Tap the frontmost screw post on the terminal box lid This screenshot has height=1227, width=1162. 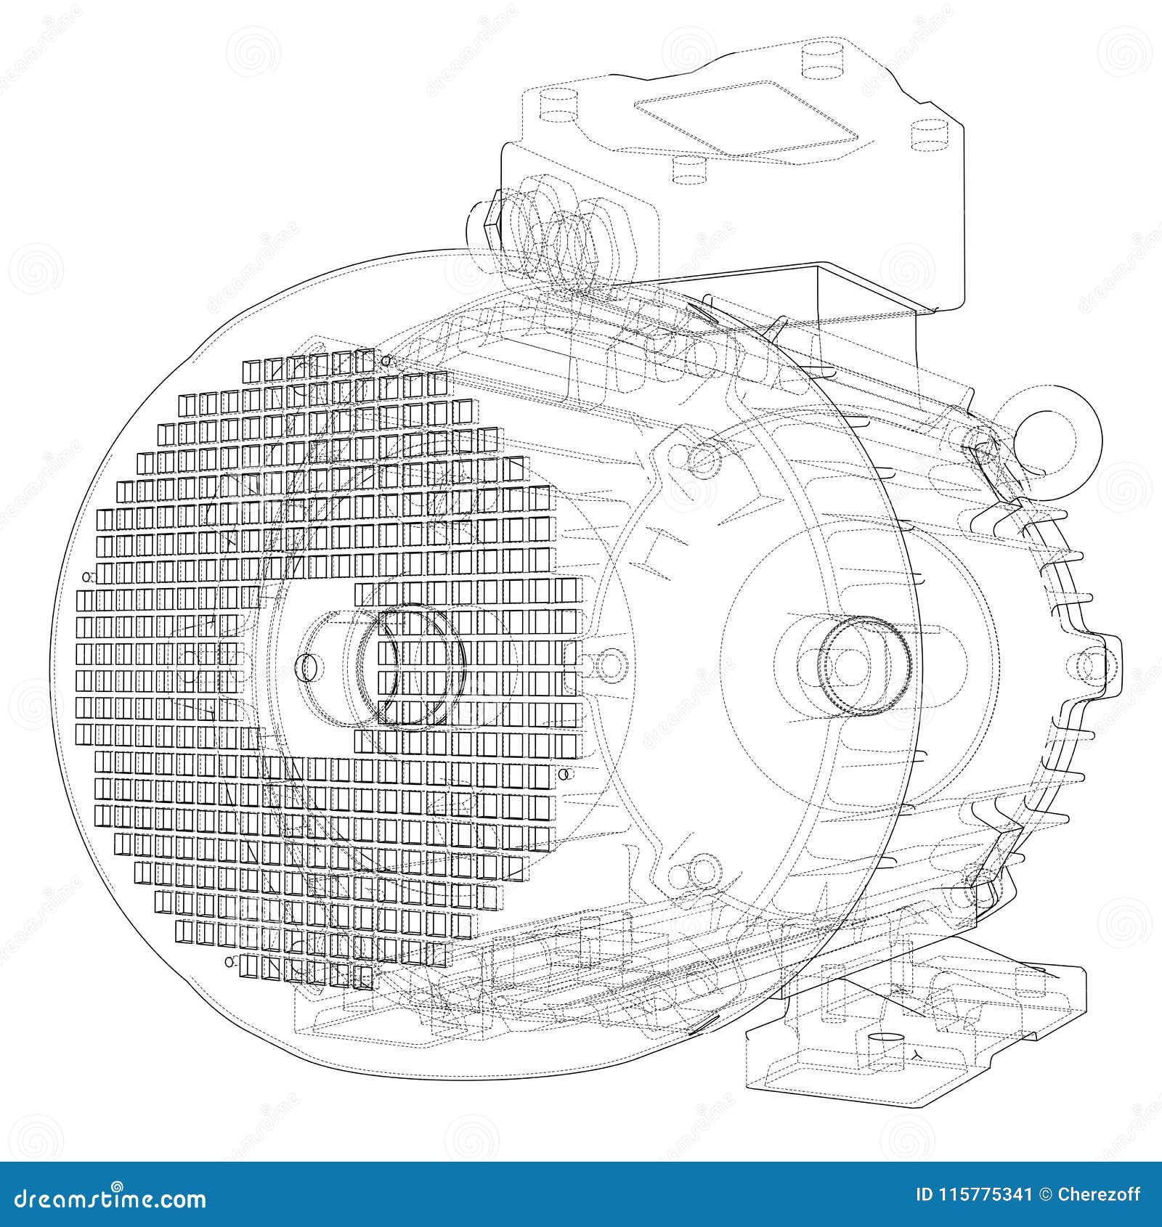point(689,168)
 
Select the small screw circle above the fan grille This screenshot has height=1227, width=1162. point(386,360)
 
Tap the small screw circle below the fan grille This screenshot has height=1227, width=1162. point(230,962)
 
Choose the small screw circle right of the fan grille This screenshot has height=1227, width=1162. point(564,775)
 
